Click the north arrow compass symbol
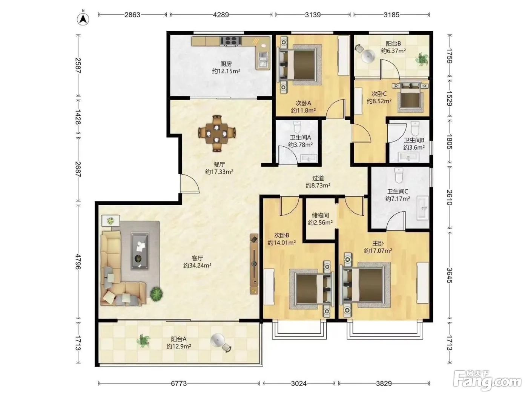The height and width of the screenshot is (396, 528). (83, 19)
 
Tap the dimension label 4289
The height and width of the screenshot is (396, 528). (221, 15)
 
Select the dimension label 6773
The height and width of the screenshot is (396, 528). (179, 383)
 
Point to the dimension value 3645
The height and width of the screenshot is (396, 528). (449, 276)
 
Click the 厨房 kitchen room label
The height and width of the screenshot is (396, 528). (226, 64)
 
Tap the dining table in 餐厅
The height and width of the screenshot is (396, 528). (217, 133)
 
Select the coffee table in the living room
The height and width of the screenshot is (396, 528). (140, 251)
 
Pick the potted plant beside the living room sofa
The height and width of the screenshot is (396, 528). (157, 294)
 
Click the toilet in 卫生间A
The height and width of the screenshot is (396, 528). (297, 127)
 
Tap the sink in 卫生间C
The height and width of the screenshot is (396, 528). (423, 208)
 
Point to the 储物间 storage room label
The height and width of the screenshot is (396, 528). (320, 215)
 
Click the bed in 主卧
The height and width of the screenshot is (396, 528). (364, 285)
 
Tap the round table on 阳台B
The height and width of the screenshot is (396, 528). (368, 56)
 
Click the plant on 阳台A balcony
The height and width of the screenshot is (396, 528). (143, 341)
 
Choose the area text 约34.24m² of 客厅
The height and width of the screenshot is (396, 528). (197, 266)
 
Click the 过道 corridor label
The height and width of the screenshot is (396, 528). (318, 178)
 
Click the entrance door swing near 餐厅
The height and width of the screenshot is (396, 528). (190, 183)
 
